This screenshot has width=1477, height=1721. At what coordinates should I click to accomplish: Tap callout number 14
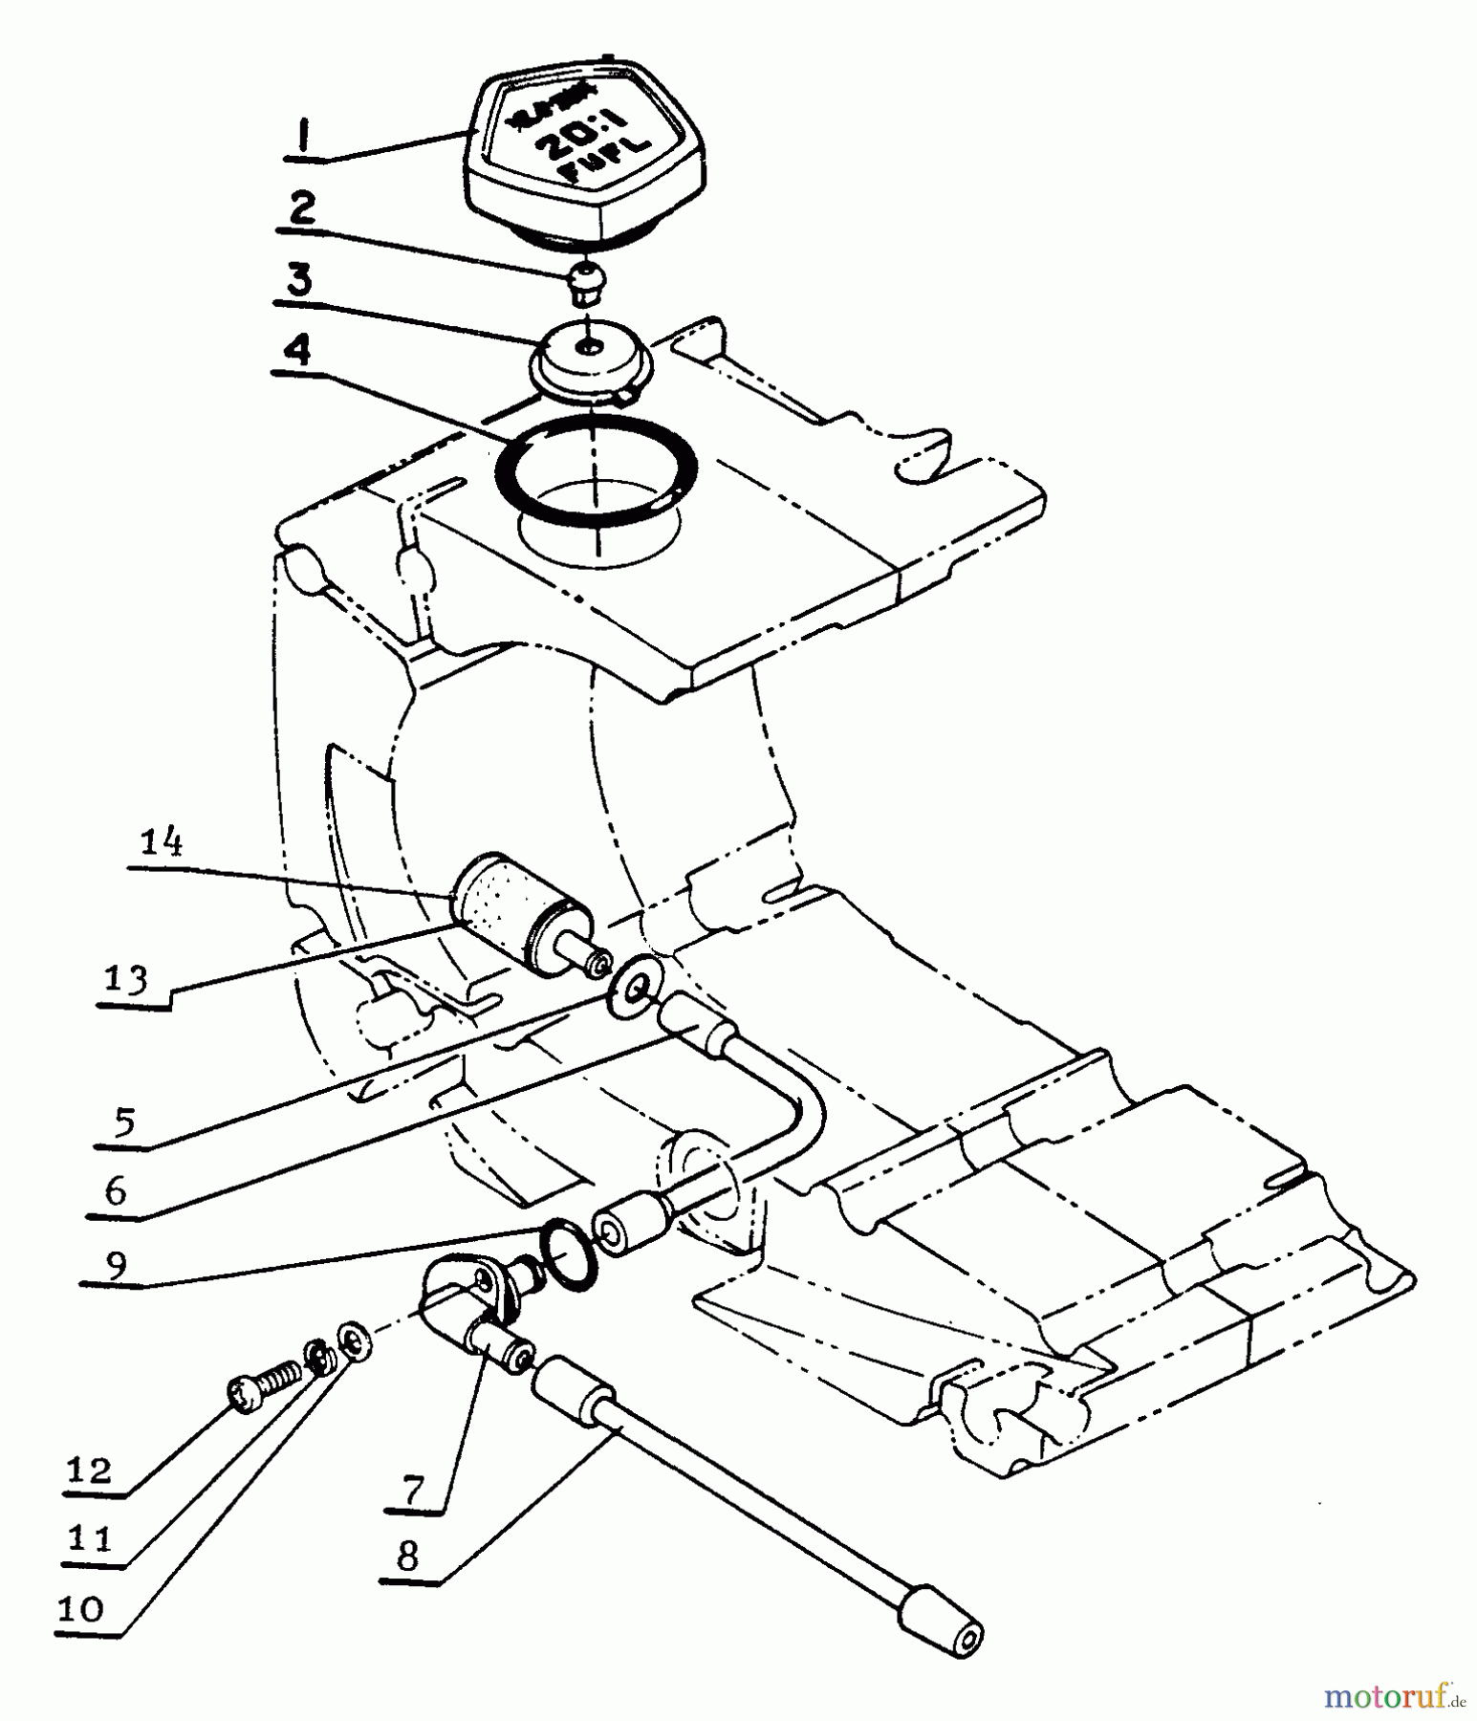163,843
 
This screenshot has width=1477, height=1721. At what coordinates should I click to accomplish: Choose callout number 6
116,1190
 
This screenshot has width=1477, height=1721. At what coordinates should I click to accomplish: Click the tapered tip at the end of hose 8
942,1629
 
